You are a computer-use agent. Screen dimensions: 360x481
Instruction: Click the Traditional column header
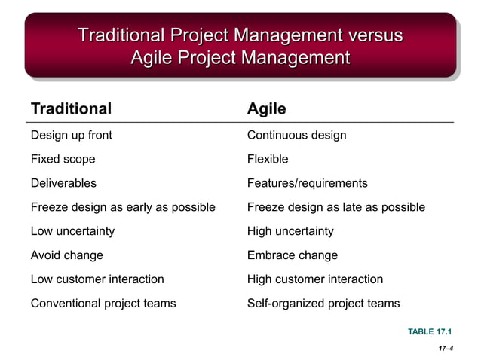(x=71, y=109)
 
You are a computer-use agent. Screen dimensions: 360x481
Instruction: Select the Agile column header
(x=266, y=109)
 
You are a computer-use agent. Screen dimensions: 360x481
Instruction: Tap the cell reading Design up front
(x=71, y=136)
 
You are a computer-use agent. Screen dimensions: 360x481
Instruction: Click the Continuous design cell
(x=296, y=136)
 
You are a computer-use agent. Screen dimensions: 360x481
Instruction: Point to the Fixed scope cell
(x=63, y=160)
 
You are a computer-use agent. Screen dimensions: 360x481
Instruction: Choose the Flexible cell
(x=268, y=160)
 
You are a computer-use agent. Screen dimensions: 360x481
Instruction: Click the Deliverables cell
(x=63, y=183)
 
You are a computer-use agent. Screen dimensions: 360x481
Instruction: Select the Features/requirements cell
(x=307, y=183)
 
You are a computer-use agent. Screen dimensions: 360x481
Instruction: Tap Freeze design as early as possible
(x=123, y=207)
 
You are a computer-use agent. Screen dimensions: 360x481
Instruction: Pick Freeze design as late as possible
(x=335, y=207)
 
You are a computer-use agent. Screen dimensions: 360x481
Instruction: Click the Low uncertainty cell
(x=72, y=231)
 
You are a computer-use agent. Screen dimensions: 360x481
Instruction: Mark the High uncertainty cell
(x=290, y=231)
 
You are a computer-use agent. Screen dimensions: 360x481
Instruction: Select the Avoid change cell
(x=66, y=255)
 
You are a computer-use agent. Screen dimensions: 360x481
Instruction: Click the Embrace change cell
(x=293, y=255)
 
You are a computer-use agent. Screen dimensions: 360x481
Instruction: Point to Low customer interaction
(x=97, y=279)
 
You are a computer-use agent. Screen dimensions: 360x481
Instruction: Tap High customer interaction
(x=315, y=279)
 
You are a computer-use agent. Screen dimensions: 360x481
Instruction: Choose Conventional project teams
(x=103, y=304)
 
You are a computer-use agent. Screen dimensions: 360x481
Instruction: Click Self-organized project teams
(x=323, y=304)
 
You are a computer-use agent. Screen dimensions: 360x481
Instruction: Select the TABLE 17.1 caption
(x=430, y=331)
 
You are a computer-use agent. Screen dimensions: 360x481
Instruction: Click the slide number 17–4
(x=444, y=349)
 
